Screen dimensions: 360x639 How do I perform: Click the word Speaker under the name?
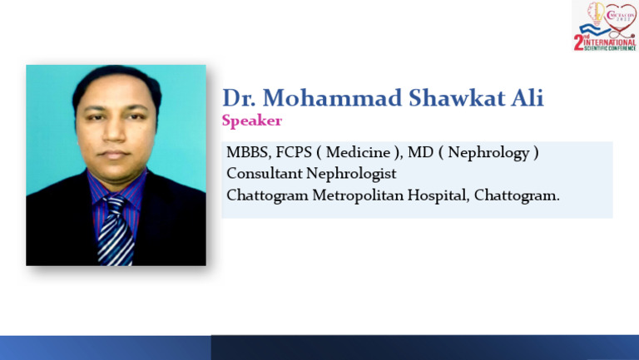point(251,121)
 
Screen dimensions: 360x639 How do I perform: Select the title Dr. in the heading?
point(239,98)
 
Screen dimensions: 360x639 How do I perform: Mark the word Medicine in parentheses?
point(358,153)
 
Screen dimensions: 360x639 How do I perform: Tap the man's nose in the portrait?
point(115,133)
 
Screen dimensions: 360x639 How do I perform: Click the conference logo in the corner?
point(605,26)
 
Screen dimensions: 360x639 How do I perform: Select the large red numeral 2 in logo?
point(579,40)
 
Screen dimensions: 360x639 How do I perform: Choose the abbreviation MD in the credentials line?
point(419,153)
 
